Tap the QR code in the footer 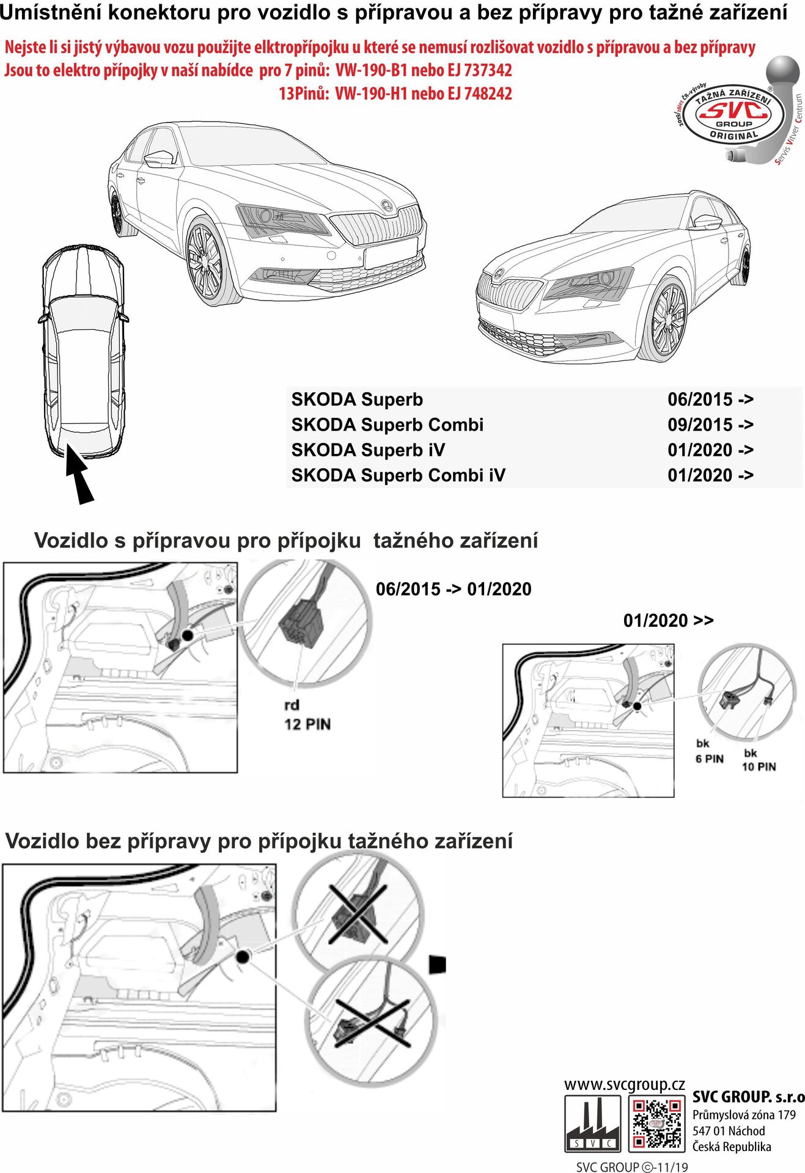(656, 1123)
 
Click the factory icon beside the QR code (592, 1123)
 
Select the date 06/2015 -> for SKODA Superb (710, 400)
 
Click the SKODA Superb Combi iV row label (398, 475)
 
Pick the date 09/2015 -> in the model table (710, 425)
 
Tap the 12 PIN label (307, 725)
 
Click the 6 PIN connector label (709, 759)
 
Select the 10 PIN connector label (759, 767)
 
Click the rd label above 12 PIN (292, 705)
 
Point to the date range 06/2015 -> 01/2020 (454, 590)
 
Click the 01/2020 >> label (668, 621)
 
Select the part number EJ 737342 (480, 71)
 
